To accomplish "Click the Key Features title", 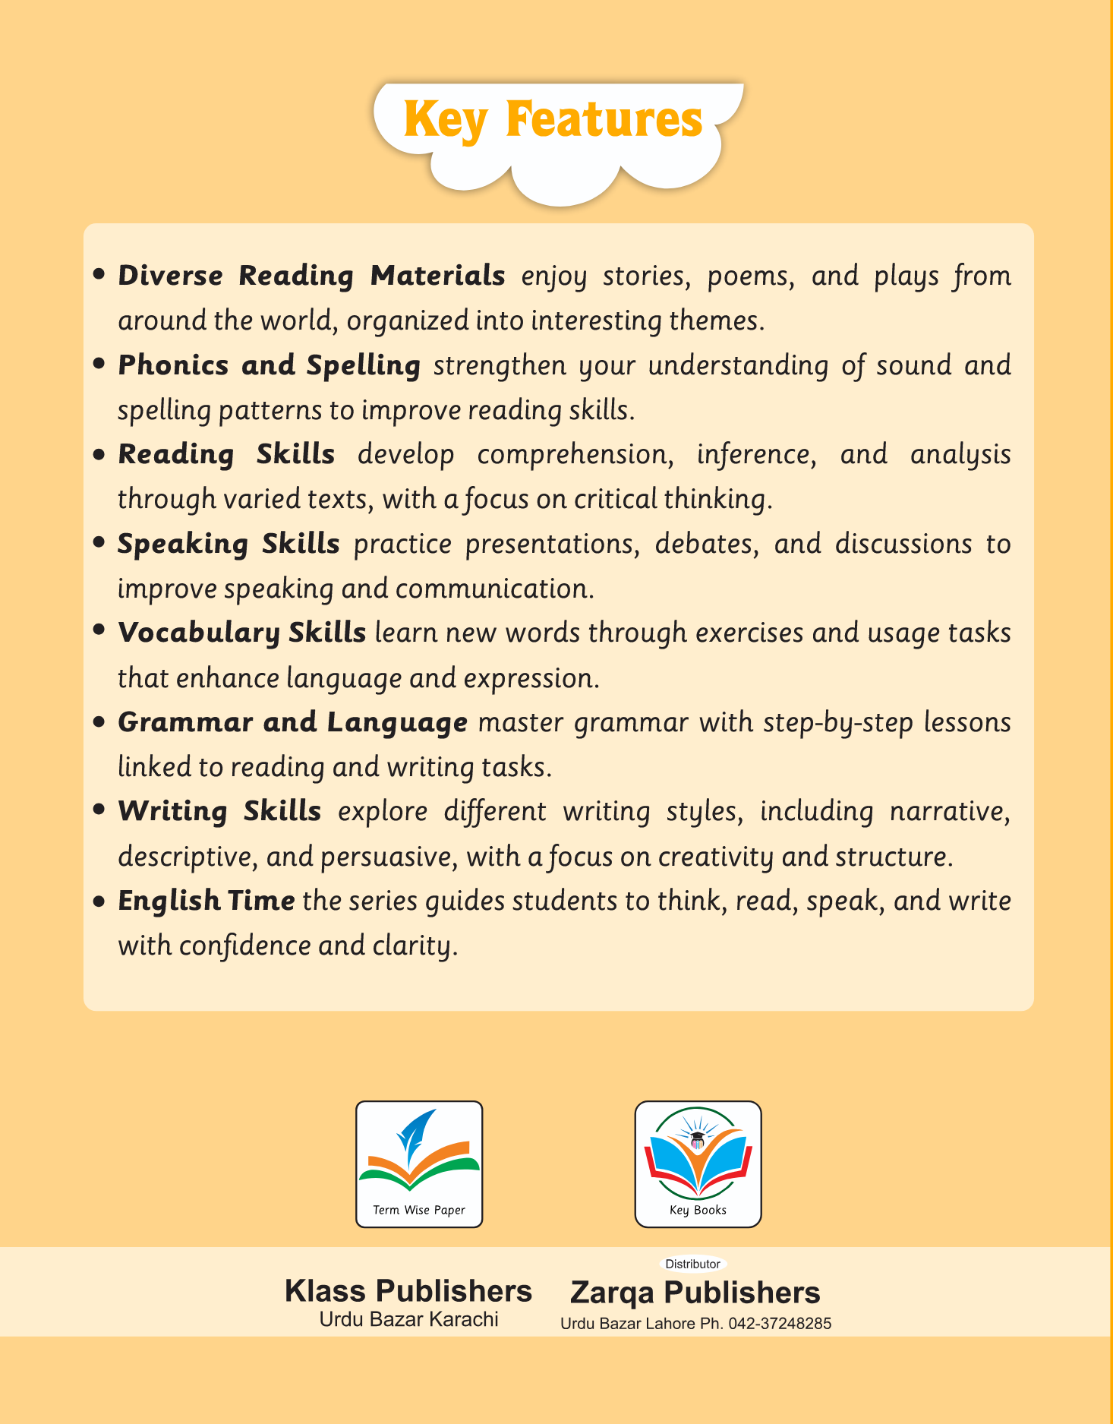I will [553, 120].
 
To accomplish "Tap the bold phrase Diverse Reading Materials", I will [311, 275].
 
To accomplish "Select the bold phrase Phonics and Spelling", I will [269, 365].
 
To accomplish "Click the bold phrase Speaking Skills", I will [229, 544].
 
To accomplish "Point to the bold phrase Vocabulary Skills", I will [241, 633].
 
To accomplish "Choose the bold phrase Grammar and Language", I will [292, 722].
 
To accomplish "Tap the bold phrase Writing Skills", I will [219, 811].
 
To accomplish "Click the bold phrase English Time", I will [206, 901].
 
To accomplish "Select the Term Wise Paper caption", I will [419, 1210].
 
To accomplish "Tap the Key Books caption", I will [698, 1210].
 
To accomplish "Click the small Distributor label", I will [692, 1264].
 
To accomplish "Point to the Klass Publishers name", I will [408, 1291].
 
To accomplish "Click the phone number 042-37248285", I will [780, 1324].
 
